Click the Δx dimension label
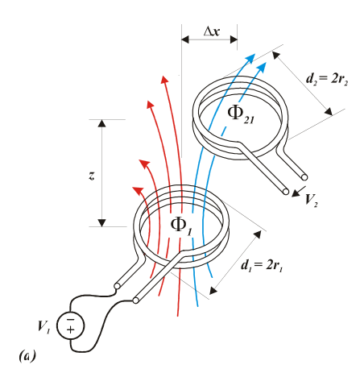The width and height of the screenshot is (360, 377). (212, 31)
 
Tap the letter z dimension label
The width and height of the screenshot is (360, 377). (92, 176)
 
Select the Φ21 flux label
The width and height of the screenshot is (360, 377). (241, 115)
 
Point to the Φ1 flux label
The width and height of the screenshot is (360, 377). (181, 226)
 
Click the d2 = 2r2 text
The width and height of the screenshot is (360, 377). (327, 79)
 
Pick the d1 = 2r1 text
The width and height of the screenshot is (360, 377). (262, 266)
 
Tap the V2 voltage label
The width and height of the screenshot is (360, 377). (312, 200)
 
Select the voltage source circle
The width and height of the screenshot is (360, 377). (71, 326)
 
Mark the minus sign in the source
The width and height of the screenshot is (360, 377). (71, 320)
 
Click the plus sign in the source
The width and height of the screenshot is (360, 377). (71, 329)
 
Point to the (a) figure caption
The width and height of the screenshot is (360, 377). (27, 356)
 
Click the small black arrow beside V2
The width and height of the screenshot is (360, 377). (298, 191)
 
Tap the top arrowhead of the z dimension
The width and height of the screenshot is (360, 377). (101, 123)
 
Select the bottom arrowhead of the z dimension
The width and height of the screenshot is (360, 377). (101, 223)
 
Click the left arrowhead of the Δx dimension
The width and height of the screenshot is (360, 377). (185, 39)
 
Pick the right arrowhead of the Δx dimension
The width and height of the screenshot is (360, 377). (234, 39)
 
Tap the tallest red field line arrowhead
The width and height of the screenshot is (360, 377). (164, 80)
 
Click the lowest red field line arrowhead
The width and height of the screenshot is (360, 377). (138, 190)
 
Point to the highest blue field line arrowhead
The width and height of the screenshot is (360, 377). (250, 58)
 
